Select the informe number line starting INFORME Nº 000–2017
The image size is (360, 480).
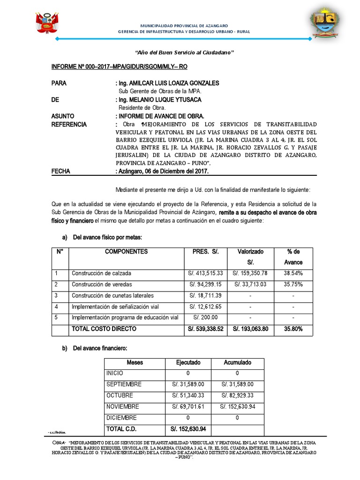click(x=119, y=67)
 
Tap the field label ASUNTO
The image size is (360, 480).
click(x=63, y=116)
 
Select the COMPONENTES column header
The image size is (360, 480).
click(x=126, y=252)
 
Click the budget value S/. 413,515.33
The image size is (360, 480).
click(x=206, y=273)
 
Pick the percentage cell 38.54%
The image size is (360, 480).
click(x=293, y=273)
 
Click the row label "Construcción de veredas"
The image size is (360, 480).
click(x=102, y=285)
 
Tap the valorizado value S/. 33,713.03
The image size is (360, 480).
click(x=250, y=285)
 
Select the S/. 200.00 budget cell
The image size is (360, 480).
click(x=206, y=318)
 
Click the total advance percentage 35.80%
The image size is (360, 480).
click(x=293, y=330)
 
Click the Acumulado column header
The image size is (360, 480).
click(x=237, y=362)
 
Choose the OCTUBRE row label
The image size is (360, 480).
click(x=120, y=396)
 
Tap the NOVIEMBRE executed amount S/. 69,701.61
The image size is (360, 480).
click(x=188, y=406)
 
